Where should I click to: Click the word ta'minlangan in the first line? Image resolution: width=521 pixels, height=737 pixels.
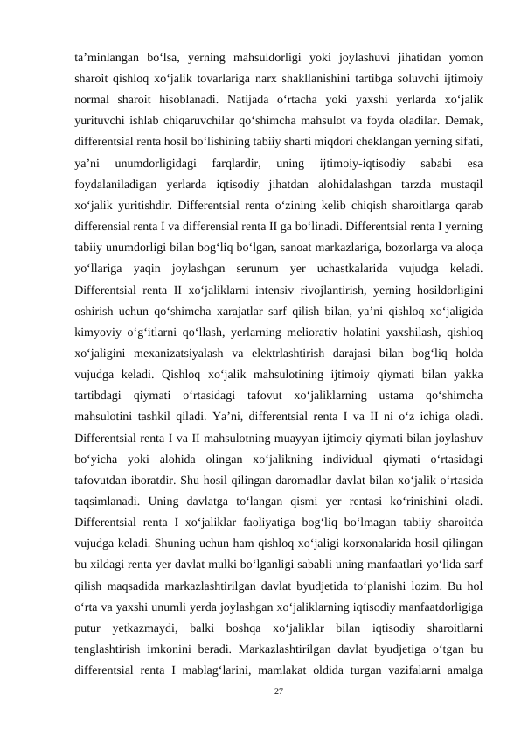pyautogui.click(x=106, y=59)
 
